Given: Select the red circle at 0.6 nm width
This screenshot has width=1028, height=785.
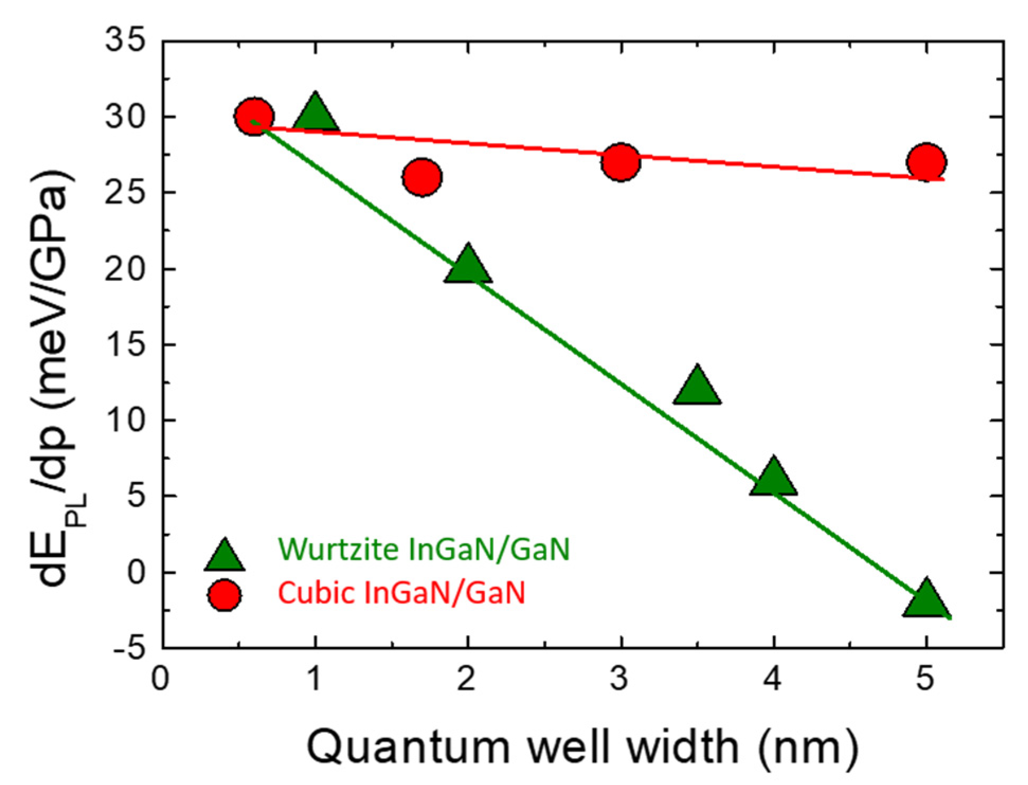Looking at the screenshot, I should pyautogui.click(x=254, y=116).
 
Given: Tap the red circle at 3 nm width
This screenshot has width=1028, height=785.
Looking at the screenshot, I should pyautogui.click(x=621, y=161).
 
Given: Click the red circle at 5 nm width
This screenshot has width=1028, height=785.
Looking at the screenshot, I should pyautogui.click(x=926, y=161).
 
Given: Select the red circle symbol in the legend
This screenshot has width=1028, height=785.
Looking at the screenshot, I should pyautogui.click(x=224, y=595).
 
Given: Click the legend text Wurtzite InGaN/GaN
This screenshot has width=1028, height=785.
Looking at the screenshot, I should pyautogui.click(x=424, y=549).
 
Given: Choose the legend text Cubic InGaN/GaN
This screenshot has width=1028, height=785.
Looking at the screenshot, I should pyautogui.click(x=402, y=592).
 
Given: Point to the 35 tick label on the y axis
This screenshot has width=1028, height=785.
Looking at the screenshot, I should pyautogui.click(x=125, y=40).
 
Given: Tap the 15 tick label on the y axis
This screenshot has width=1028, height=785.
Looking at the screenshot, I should pyautogui.click(x=125, y=345).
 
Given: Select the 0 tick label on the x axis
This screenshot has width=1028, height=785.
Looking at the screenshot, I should pyautogui.click(x=160, y=678).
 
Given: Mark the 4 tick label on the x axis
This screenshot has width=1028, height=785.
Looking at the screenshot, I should pyautogui.click(x=773, y=678).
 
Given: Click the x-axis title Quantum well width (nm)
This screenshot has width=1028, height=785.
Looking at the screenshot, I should pyautogui.click(x=582, y=747).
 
